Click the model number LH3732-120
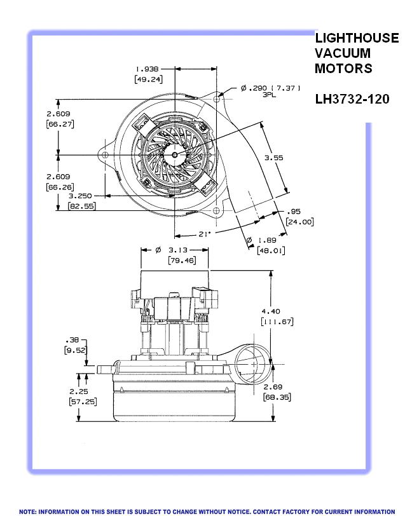(352, 99)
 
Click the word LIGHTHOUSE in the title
(357, 38)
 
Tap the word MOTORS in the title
(343, 68)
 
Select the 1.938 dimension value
(147, 69)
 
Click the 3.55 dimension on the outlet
(274, 158)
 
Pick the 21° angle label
(203, 234)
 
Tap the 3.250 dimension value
(81, 196)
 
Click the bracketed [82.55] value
(81, 207)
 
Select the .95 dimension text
(293, 212)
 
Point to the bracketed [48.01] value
(271, 250)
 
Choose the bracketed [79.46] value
(181, 261)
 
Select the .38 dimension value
(72, 339)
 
